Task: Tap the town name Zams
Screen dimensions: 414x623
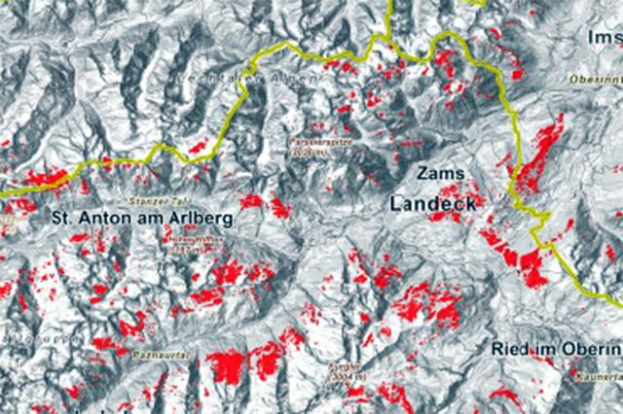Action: point(434,173)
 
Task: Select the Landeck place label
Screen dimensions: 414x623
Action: point(433,204)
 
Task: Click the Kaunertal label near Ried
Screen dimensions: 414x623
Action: point(595,372)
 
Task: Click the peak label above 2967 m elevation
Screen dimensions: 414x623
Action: point(190,235)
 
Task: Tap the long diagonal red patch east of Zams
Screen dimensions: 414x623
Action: point(537,151)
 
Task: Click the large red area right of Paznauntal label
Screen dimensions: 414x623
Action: point(226,366)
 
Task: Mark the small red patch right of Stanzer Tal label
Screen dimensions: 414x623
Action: point(251,201)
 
